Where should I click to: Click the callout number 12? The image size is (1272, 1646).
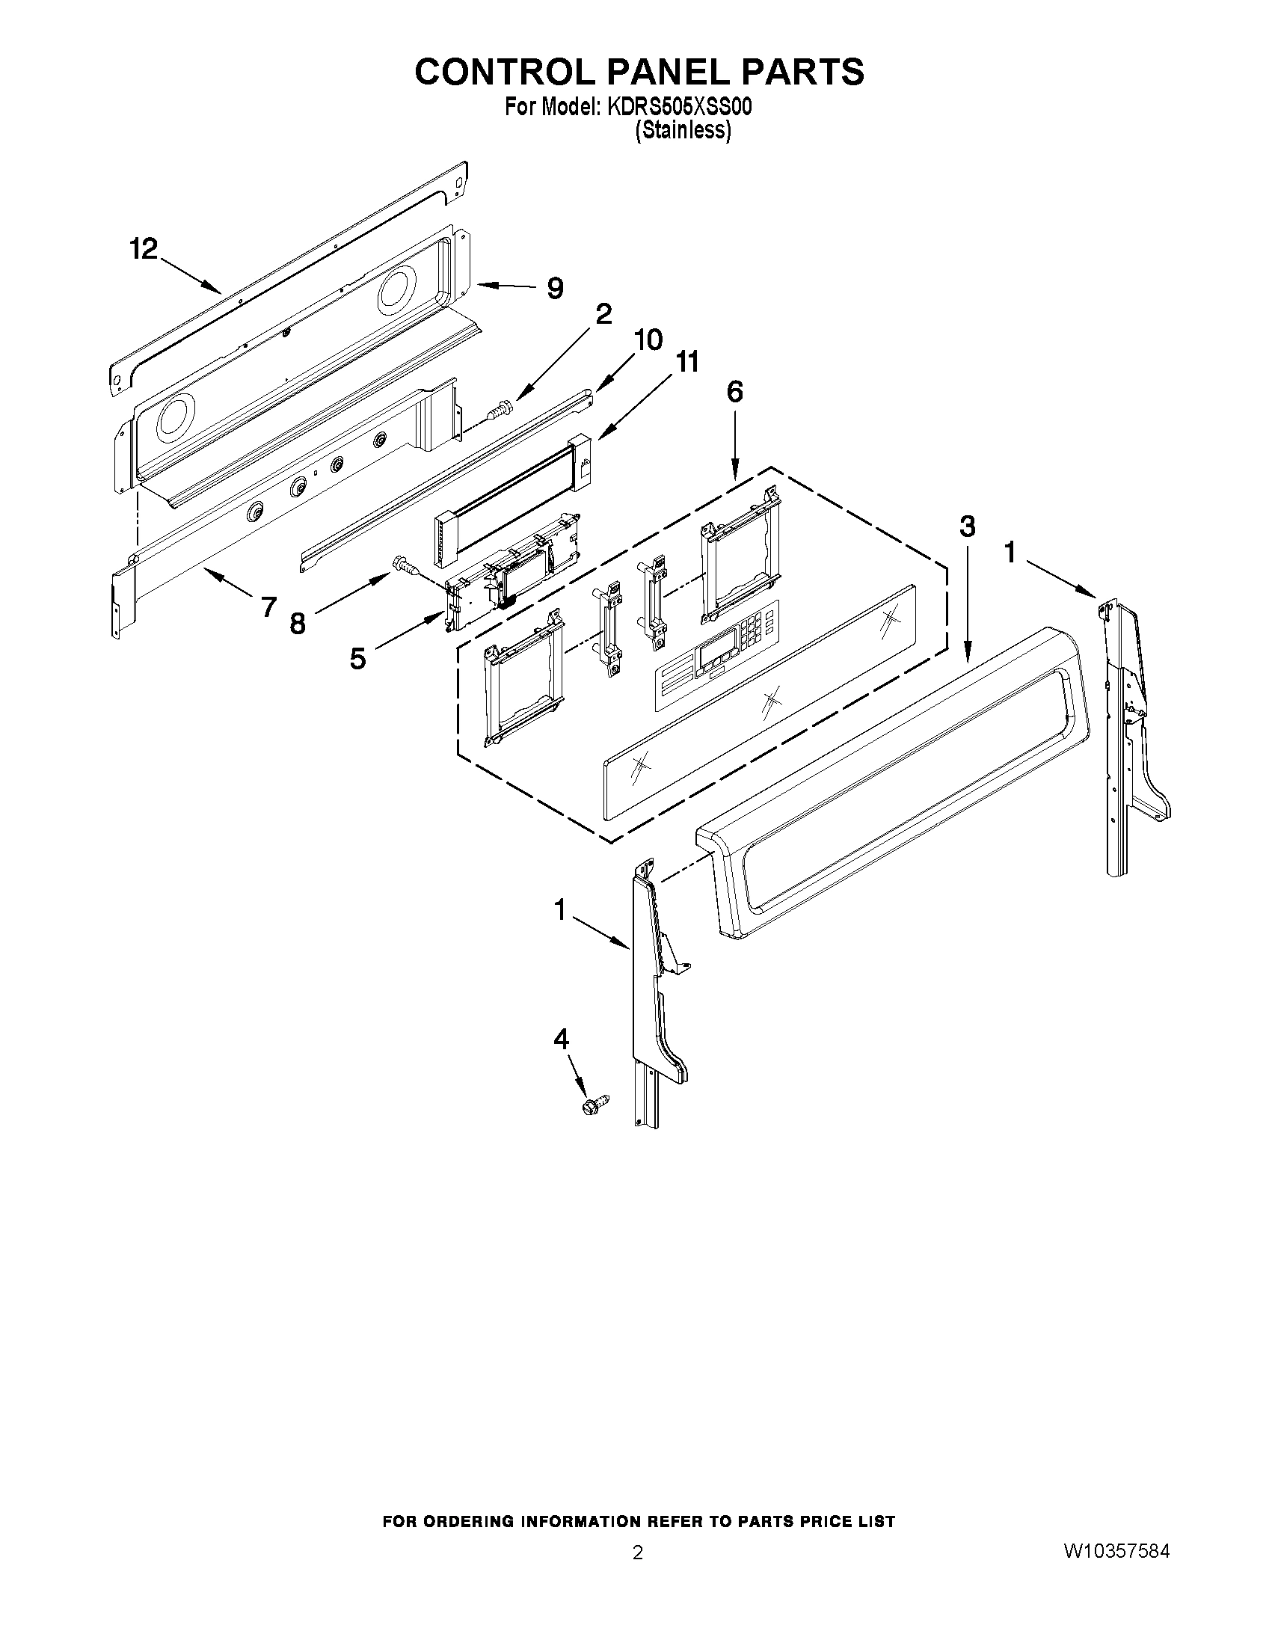[143, 248]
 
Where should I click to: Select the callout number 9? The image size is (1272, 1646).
[555, 288]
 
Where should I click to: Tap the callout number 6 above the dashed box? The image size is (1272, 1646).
[734, 391]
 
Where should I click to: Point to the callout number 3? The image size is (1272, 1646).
[968, 526]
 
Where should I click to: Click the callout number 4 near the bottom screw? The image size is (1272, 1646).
[561, 1040]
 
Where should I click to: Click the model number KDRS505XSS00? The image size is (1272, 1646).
[678, 108]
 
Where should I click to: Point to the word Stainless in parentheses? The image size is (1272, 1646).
[683, 130]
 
